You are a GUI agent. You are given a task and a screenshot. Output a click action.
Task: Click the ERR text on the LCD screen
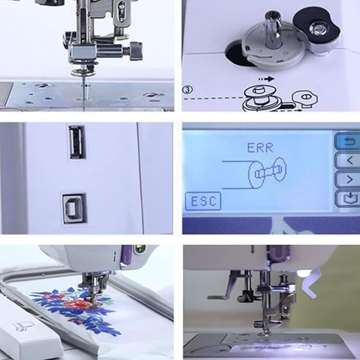260,148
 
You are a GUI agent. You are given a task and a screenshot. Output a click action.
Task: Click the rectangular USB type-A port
75,143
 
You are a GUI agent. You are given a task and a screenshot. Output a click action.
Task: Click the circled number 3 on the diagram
187,90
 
